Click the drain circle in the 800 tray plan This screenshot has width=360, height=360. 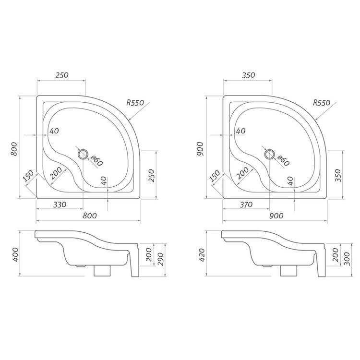83,154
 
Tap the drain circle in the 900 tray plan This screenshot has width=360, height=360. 269,154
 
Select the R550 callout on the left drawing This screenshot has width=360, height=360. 135,103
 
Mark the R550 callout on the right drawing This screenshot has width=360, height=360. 322,103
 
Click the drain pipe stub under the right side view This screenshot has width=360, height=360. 287,272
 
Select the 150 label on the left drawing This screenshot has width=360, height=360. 28,176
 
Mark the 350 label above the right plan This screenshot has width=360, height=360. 248,75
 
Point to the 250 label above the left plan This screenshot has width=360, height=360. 62,75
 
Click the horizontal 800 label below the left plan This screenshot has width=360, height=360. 90,216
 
